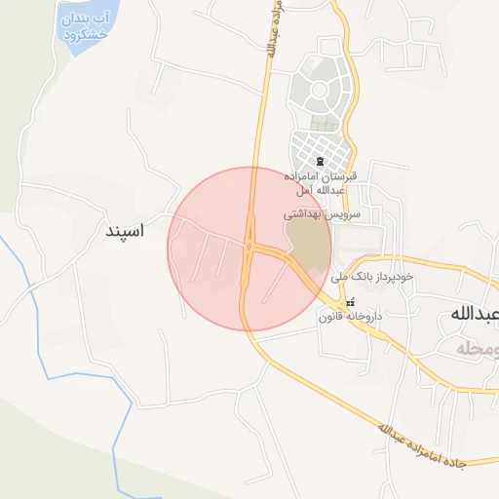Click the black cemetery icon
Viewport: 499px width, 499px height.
point(321,161)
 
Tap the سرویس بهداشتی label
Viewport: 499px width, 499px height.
point(323,211)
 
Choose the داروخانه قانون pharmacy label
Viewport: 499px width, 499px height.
point(350,317)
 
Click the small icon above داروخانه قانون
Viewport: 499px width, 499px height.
point(352,301)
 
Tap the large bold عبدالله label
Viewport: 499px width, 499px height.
point(475,314)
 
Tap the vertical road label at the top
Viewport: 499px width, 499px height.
point(272,29)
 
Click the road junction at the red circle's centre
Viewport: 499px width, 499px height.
point(250,248)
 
